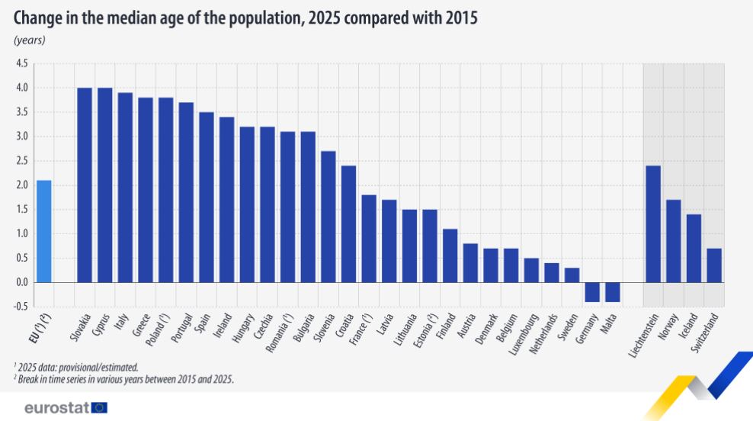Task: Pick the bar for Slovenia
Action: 328,217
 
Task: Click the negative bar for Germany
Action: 592,292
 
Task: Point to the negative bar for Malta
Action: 613,292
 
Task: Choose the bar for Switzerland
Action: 714,265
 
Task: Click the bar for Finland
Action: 450,255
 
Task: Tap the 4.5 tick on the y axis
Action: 21,63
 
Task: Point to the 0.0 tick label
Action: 21,282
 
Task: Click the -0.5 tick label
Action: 21,307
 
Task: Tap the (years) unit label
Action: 30,40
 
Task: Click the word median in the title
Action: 134,18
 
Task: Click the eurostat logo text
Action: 56,407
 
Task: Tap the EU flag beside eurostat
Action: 99,407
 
